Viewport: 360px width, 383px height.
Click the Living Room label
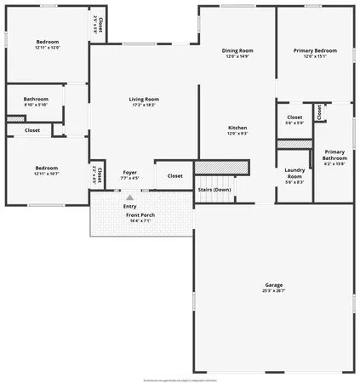pos(144,100)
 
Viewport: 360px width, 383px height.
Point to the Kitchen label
pos(237,128)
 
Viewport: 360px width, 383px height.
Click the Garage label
pos(273,285)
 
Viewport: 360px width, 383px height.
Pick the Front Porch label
pos(141,215)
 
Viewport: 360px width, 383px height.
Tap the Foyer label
pos(129,173)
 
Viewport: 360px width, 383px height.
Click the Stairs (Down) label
pos(214,189)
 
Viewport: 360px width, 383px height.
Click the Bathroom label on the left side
pos(36,99)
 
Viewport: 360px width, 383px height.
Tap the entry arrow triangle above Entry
pos(129,197)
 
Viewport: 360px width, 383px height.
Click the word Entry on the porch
pos(129,206)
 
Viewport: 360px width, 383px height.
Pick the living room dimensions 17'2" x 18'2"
pos(144,105)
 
